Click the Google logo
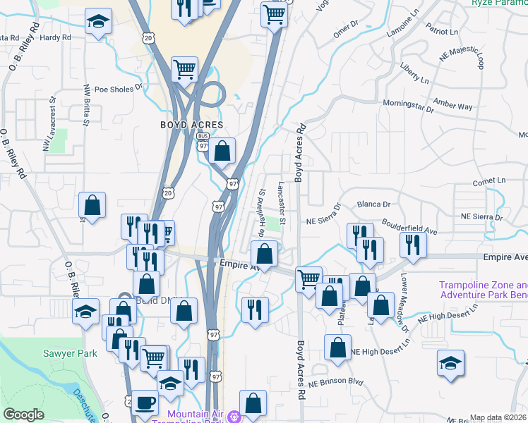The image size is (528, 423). pyautogui.click(x=23, y=415)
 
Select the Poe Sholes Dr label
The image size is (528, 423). pyautogui.click(x=118, y=90)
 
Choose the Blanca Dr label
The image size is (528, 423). pyautogui.click(x=373, y=204)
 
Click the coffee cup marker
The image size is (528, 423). pyautogui.click(x=145, y=403)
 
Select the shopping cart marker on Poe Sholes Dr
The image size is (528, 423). pyautogui.click(x=184, y=70)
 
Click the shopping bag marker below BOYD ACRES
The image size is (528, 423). pyautogui.click(x=222, y=150)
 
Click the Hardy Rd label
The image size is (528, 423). pyautogui.click(x=56, y=37)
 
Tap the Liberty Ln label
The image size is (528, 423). pyautogui.click(x=414, y=76)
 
